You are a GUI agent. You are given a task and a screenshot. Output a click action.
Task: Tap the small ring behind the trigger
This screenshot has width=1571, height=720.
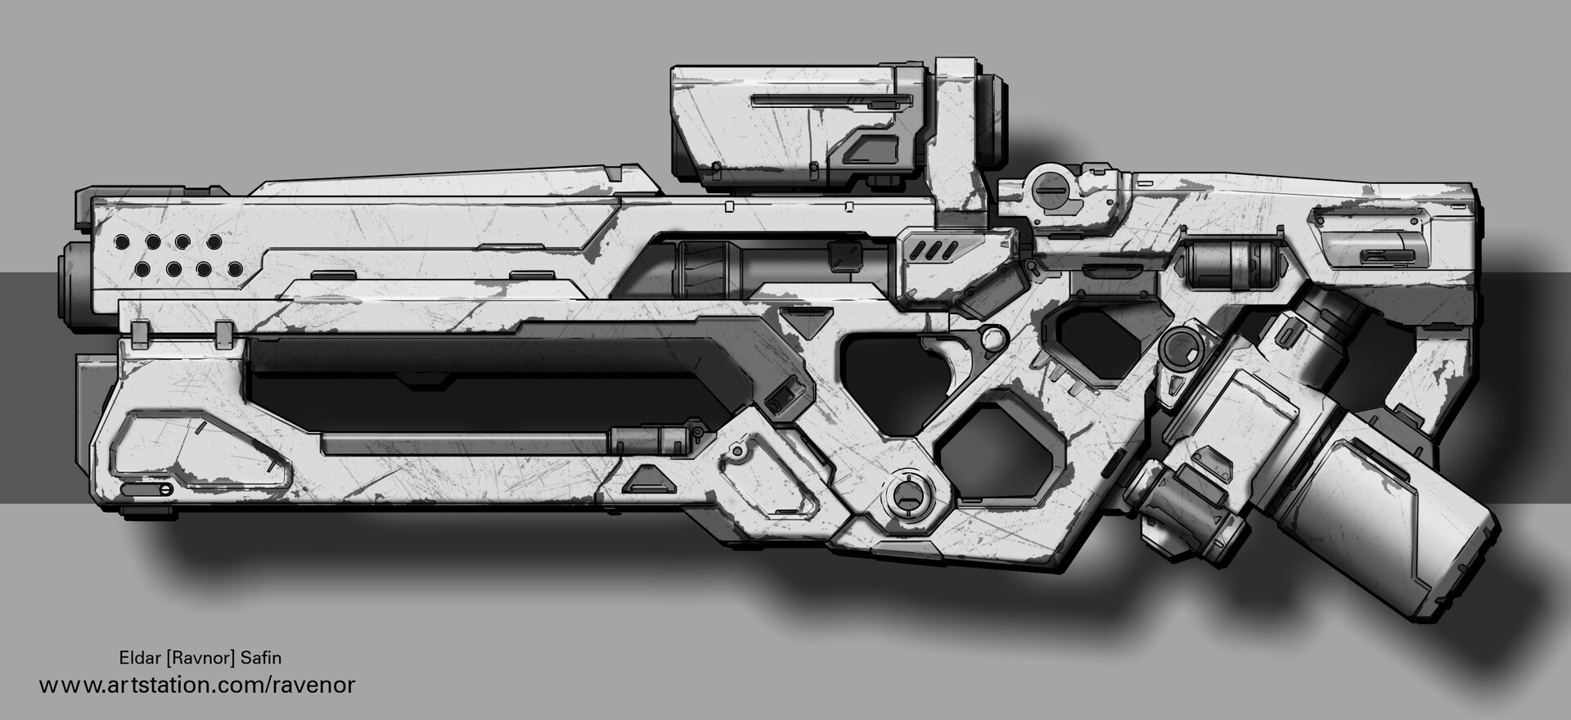992,335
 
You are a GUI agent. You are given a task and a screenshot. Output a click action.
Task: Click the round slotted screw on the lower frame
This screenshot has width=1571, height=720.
907,494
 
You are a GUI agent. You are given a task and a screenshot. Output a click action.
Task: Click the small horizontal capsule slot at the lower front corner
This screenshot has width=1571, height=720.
145,490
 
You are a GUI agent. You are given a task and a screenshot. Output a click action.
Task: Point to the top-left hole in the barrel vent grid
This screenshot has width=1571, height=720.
122,242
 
